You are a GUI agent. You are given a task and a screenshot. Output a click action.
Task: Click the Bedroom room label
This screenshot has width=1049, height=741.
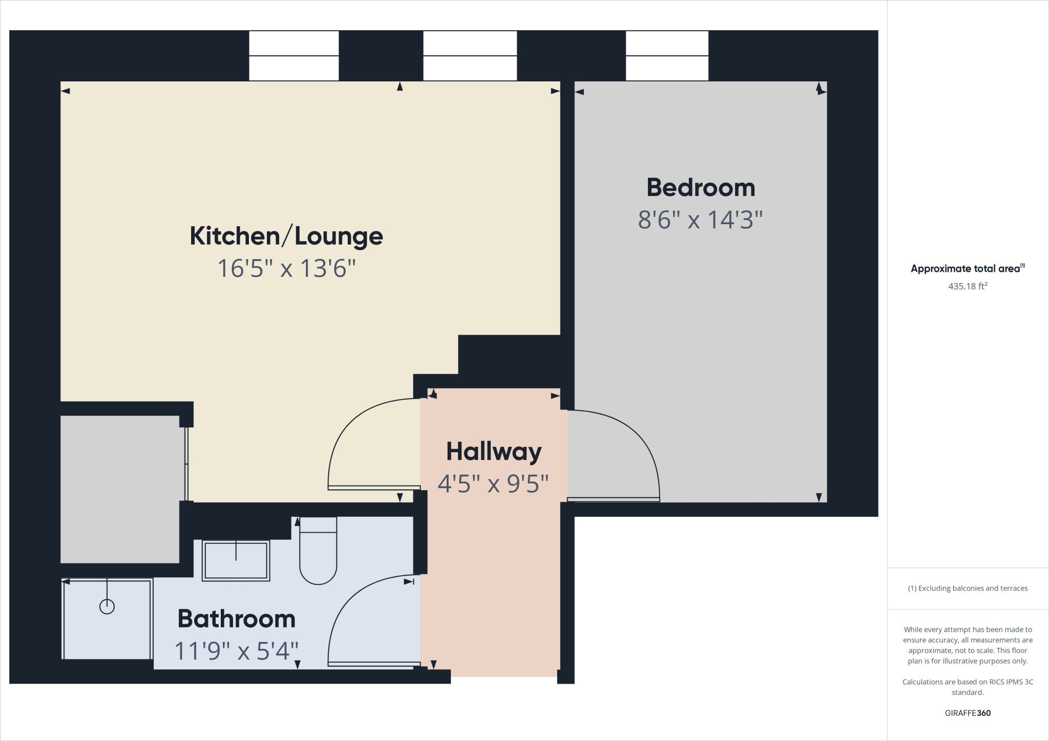701,188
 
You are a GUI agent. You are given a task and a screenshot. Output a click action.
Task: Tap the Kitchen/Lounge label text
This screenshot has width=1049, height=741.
286,236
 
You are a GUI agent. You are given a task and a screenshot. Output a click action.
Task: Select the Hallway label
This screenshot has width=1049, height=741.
494,451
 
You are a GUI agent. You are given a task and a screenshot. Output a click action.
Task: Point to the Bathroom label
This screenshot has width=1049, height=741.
237,619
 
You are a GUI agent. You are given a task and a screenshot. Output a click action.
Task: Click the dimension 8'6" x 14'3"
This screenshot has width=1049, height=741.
700,220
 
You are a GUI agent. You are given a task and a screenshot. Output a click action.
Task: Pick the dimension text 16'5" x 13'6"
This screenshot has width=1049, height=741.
286,268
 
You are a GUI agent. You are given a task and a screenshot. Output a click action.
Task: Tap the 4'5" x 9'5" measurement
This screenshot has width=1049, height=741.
493,484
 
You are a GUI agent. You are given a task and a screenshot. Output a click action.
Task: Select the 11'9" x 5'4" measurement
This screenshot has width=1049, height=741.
237,651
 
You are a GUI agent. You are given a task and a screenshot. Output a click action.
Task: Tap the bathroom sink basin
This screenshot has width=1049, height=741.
236,561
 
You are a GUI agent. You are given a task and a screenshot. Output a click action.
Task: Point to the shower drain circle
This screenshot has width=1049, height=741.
107,607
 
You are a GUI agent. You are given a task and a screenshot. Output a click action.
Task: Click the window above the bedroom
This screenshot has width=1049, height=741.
667,56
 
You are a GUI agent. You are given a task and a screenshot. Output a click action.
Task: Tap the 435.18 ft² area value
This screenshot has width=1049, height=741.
968,287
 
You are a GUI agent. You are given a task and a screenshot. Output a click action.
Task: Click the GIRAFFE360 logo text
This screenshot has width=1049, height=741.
968,713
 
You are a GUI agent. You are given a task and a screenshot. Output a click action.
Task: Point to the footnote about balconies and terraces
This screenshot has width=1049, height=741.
968,589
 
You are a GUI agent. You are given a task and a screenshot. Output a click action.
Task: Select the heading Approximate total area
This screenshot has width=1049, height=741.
966,269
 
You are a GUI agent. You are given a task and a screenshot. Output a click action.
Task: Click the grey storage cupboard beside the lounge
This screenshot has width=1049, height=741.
120,489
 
